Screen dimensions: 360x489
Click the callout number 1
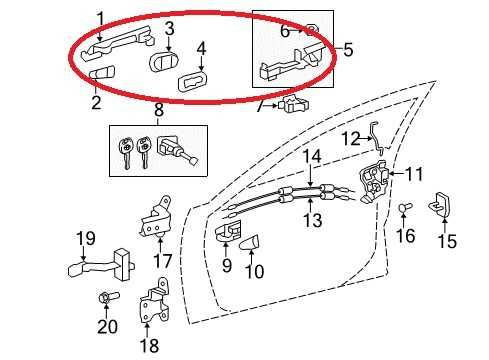[100, 17]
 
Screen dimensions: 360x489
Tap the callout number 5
[348, 48]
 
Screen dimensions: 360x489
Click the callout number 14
[312, 156]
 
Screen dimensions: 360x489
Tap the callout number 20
[107, 326]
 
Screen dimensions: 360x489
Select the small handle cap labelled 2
[101, 76]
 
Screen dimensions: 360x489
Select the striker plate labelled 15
[440, 206]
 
